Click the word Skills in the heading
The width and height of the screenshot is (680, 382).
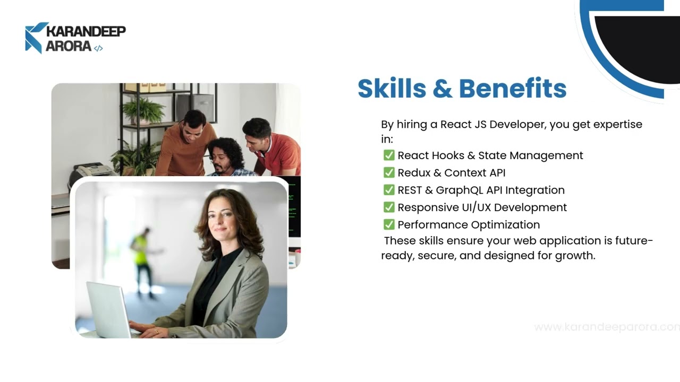[x=392, y=89]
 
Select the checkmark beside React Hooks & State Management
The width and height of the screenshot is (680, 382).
[x=389, y=155]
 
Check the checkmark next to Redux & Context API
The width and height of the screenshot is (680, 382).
[x=389, y=172]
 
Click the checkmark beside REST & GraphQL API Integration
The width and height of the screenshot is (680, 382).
[x=389, y=190]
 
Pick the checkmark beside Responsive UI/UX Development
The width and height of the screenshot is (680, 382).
[x=389, y=207]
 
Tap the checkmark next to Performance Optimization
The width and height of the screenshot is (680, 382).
[x=389, y=224]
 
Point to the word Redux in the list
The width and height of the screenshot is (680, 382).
[x=414, y=172]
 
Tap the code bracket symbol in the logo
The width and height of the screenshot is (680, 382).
[x=98, y=48]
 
